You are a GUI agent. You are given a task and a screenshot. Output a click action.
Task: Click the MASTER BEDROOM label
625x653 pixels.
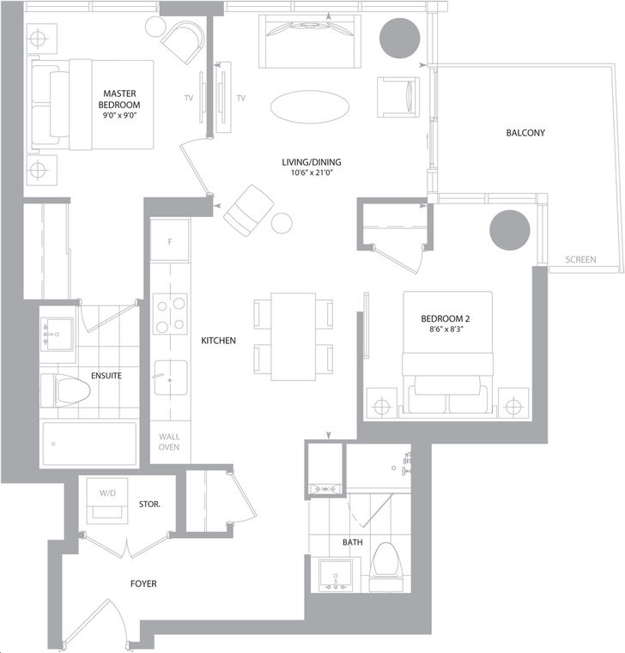[x=119, y=100]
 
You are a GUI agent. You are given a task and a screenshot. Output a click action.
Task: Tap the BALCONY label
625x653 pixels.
[x=525, y=133]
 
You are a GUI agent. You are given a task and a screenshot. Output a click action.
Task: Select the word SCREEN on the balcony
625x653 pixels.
[x=580, y=259]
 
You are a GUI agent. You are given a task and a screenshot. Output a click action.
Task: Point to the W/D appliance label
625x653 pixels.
[x=107, y=493]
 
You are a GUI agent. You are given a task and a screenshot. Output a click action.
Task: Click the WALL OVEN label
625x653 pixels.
[x=169, y=442]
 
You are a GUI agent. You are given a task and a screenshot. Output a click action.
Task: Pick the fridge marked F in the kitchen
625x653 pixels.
[x=170, y=241]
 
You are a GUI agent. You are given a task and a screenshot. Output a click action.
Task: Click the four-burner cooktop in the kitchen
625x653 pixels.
[x=170, y=313]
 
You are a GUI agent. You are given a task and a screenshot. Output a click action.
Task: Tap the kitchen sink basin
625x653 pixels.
[x=171, y=378]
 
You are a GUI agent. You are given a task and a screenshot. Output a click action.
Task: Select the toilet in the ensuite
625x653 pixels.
[x=65, y=390]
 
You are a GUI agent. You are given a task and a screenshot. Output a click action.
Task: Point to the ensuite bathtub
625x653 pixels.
[x=89, y=444]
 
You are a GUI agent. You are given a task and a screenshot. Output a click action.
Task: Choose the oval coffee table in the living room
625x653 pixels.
[x=310, y=107]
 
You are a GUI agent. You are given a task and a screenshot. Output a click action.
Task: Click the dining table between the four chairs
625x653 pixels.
[x=294, y=336]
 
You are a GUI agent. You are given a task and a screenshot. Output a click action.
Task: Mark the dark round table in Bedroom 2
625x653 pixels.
[x=510, y=230]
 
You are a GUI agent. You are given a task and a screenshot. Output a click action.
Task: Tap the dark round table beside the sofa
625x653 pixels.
[x=399, y=39]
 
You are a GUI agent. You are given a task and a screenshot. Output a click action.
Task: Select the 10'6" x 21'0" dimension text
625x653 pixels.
[x=312, y=172]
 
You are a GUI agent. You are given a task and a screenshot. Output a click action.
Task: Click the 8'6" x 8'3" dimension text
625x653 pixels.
[x=445, y=329]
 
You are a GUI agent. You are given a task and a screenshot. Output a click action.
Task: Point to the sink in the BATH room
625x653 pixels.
[x=336, y=575]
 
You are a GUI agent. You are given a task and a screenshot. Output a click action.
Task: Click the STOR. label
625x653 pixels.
[x=149, y=505]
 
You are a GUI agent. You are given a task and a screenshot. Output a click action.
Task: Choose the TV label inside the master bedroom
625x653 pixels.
[x=189, y=99]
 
